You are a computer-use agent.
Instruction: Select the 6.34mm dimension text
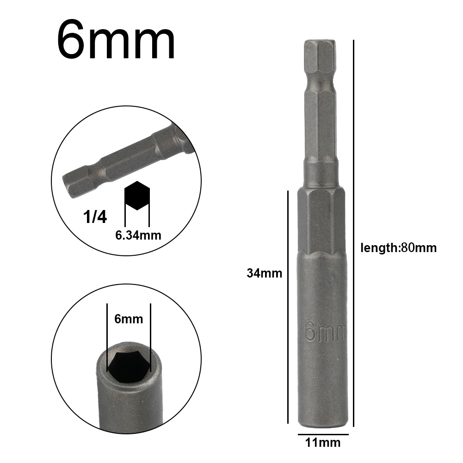[138, 235]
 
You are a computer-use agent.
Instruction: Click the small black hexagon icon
[137, 195]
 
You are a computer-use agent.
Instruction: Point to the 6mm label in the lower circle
[129, 319]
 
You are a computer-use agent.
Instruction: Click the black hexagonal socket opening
[129, 367]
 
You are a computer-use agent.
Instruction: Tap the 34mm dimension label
[264, 273]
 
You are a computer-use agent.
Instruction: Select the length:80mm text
[398, 247]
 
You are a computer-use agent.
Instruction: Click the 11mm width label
[322, 443]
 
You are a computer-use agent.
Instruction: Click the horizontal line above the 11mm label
[323, 435]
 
